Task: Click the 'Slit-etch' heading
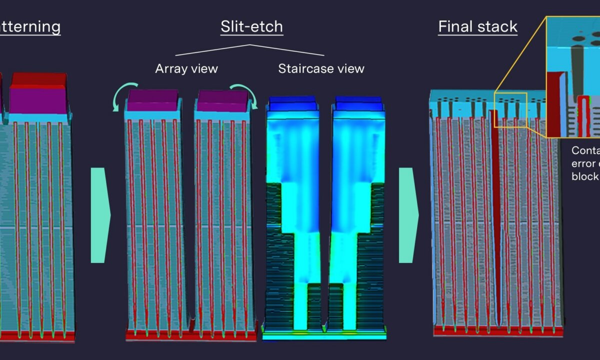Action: [x=251, y=26]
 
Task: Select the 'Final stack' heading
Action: [x=477, y=26]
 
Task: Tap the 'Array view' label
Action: [x=186, y=68]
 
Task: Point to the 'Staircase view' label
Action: [x=321, y=68]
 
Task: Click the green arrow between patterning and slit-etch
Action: [x=99, y=215]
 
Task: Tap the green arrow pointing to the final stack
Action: [x=407, y=215]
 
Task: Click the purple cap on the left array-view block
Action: [x=153, y=102]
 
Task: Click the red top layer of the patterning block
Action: [x=39, y=79]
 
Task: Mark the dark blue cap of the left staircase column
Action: [x=292, y=102]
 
